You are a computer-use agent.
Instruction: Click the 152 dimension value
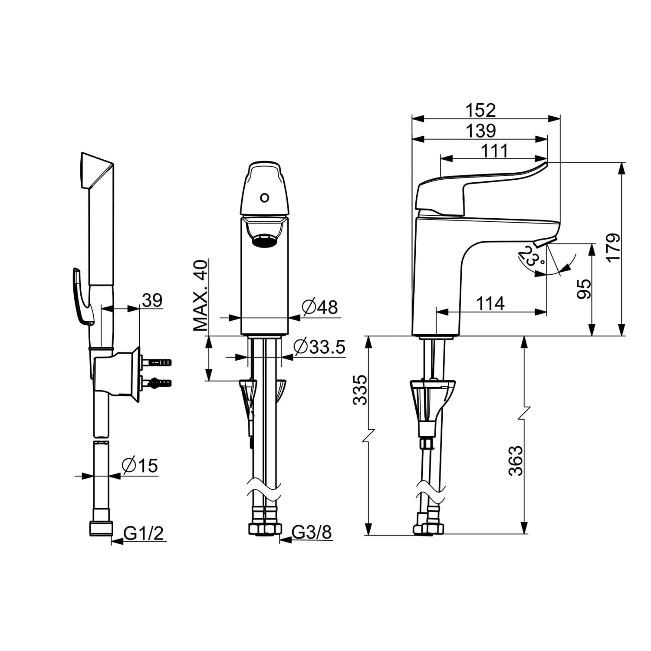tap(480, 110)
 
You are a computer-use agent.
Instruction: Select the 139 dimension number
tap(480, 131)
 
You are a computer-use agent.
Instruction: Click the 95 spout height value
tap(584, 289)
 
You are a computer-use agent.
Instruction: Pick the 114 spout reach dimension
tap(490, 303)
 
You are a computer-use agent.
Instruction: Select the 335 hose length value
tap(360, 390)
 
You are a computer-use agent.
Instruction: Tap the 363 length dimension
tap(516, 460)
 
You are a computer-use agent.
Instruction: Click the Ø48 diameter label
tap(320, 307)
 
